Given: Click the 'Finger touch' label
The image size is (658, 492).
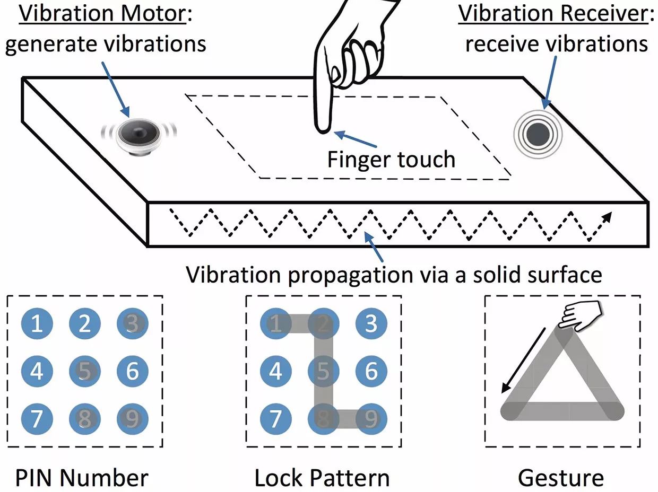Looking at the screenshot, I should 391,159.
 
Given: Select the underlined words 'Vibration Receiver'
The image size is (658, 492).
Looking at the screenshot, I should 552,14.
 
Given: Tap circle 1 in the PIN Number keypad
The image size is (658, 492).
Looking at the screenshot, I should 37,323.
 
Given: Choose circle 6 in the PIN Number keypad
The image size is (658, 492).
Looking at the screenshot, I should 132,371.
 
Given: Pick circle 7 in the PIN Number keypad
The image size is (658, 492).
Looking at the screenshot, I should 37,419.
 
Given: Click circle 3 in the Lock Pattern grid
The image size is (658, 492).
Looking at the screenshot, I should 371,323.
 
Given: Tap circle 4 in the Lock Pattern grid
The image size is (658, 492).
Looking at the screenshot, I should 276,371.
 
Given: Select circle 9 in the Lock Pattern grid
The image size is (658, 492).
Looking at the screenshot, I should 371,419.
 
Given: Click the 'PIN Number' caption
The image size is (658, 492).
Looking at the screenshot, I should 82,478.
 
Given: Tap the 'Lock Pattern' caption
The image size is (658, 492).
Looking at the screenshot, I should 322,478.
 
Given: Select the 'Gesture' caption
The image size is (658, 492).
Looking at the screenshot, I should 561,478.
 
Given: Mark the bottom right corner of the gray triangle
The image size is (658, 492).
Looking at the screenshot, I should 616,411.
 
